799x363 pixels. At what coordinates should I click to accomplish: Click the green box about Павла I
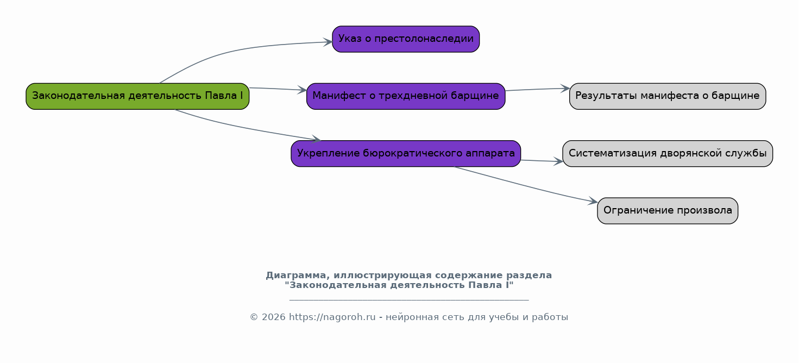tap(137, 96)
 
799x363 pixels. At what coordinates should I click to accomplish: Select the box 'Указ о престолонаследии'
tap(406, 39)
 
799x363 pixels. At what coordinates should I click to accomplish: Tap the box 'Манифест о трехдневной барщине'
tap(406, 96)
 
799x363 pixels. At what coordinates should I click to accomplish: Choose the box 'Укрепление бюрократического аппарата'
tap(406, 153)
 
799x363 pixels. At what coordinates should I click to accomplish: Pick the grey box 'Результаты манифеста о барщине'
tap(668, 96)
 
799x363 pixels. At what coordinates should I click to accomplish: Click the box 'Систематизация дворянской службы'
tap(668, 153)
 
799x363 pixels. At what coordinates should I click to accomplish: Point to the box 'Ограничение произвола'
tap(668, 211)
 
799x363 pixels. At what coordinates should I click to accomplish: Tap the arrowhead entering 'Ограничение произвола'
tap(593, 201)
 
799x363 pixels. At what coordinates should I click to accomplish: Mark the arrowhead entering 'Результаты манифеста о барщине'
tap(565, 88)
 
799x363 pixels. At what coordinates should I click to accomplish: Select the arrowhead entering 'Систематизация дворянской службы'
tap(558, 161)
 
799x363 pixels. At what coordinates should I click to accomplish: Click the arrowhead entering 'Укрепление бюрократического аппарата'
tap(316, 139)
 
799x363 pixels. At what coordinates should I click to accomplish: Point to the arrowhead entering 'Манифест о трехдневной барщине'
tap(302, 90)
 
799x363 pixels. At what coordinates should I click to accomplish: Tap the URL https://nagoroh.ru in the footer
tap(332, 317)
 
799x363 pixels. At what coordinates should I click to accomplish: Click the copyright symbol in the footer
tap(254, 317)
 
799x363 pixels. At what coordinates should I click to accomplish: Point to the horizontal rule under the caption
tap(409, 300)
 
